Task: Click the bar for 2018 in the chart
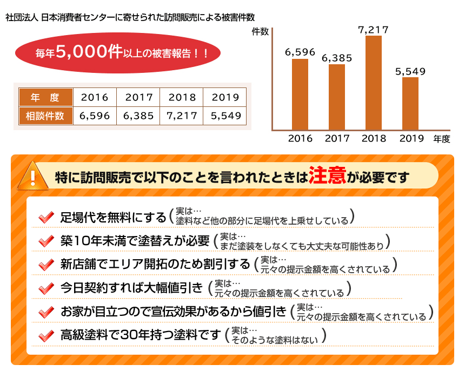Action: (374, 83)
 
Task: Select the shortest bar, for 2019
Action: (410, 103)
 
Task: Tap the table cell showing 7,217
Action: (182, 116)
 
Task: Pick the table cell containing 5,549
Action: (225, 116)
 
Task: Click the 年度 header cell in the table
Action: (45, 98)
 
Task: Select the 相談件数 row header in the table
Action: (45, 116)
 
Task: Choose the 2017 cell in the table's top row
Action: (139, 98)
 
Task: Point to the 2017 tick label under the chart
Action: (337, 138)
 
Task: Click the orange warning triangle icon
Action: (33, 176)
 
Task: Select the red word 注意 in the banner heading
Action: (327, 177)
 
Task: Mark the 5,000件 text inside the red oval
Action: (89, 52)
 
